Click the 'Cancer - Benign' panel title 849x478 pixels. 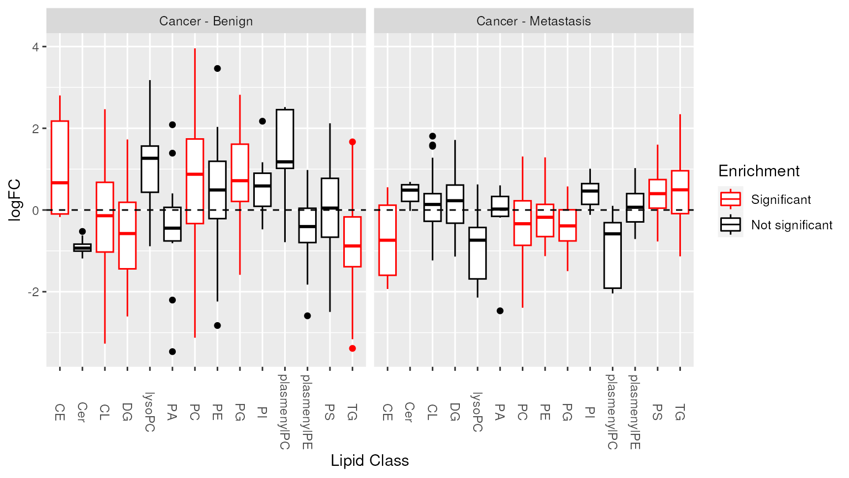(206, 21)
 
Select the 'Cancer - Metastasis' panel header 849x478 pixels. (533, 21)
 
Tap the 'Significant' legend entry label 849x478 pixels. (780, 199)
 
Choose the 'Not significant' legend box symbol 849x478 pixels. (730, 224)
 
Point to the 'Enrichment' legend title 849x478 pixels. (758, 171)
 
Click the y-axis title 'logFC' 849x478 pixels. (15, 199)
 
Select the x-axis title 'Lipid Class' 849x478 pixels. (370, 461)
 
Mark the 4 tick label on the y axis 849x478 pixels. (35, 47)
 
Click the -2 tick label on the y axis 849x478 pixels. (33, 292)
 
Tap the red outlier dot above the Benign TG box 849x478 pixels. (352, 142)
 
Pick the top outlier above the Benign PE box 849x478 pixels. (217, 69)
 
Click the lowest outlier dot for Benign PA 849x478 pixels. (172, 351)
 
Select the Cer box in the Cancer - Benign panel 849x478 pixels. (82, 248)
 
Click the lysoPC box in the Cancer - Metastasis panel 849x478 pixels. (478, 253)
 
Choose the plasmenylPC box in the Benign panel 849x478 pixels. (285, 139)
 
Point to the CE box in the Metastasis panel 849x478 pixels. (387, 240)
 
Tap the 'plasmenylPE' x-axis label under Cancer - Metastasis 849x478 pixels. (635, 412)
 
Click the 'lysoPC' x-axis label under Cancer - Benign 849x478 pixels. (150, 412)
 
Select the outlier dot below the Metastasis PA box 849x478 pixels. (500, 311)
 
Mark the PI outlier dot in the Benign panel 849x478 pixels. (263, 121)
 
